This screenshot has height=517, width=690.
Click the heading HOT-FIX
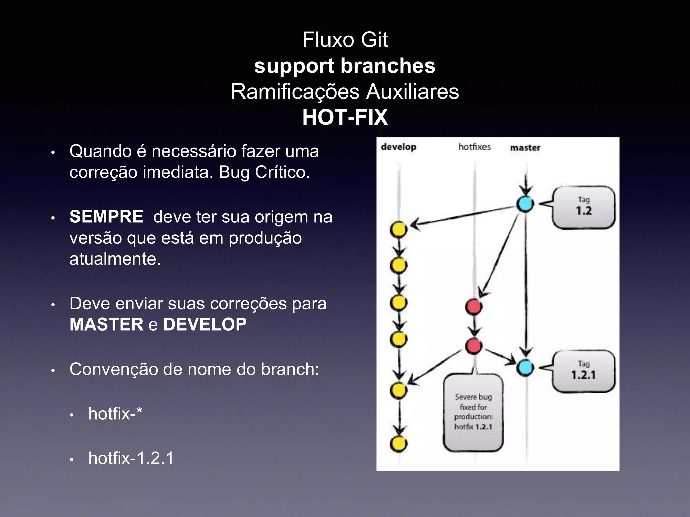point(345,117)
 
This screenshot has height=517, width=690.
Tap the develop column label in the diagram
point(399,147)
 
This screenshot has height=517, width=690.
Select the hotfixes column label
point(474,147)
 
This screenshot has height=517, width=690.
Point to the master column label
point(525,148)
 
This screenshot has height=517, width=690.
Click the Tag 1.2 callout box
point(584,207)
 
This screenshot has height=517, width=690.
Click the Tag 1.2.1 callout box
point(584,371)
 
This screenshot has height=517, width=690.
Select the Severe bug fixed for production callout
point(473,412)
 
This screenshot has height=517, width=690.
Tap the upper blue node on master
point(525,204)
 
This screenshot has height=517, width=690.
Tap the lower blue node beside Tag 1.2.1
point(525,368)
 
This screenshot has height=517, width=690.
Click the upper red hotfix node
point(474,307)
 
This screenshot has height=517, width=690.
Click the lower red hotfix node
point(474,346)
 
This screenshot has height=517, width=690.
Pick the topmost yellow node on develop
point(399,230)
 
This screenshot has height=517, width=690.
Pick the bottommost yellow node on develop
point(399,444)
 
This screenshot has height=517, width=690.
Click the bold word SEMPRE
point(106,217)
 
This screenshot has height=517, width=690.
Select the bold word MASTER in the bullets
point(106,324)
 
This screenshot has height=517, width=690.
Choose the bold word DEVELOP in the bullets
point(205,324)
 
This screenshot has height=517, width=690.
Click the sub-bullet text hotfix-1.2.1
point(131,458)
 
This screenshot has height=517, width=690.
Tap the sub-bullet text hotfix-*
point(115,413)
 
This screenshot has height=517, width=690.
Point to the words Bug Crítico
point(264,172)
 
